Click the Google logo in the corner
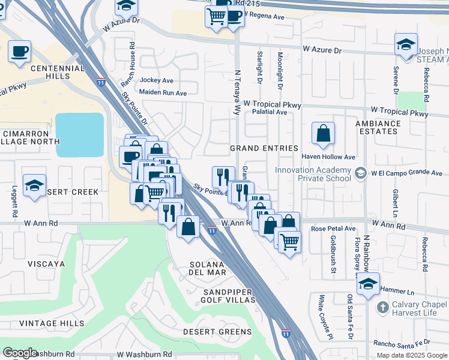20,353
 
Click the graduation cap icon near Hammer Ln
367,284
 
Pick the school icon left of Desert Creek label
34,186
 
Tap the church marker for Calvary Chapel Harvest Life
382,307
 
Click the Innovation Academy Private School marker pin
360,173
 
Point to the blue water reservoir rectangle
80,134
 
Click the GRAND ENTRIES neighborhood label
264,148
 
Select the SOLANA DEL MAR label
208,268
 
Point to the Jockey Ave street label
156,80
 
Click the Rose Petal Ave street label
333,229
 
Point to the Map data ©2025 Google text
411,355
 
